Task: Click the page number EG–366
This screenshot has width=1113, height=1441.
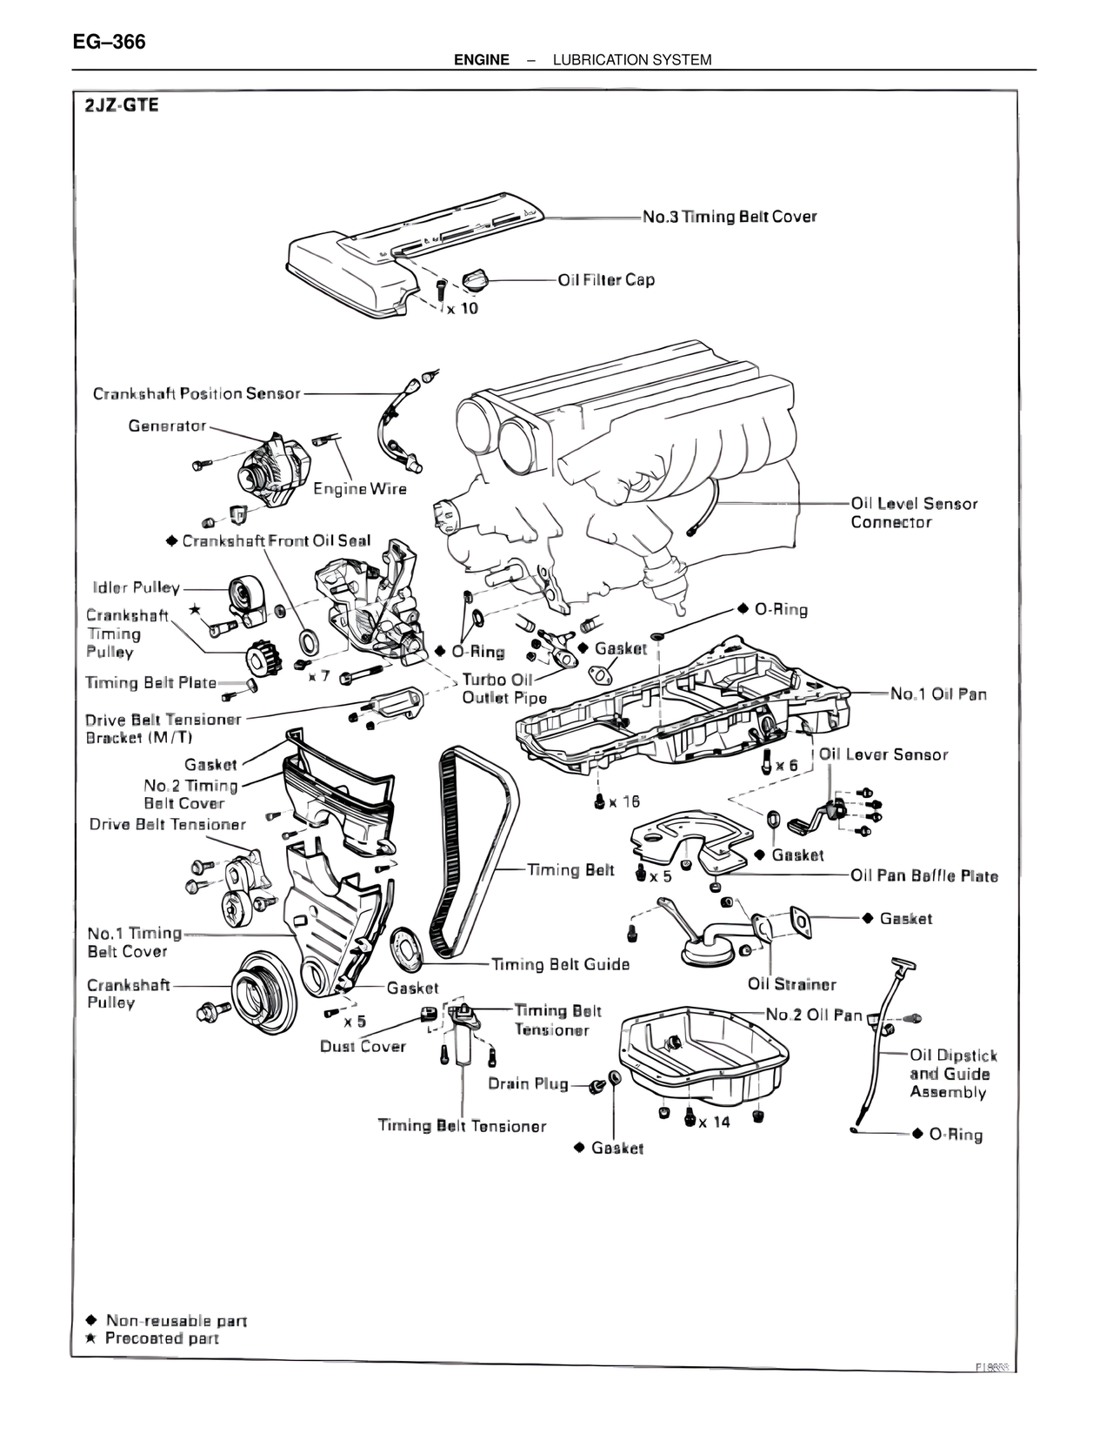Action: [109, 41]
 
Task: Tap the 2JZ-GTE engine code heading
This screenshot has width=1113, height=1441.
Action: [122, 107]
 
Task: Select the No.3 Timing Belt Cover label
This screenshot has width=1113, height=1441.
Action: [730, 217]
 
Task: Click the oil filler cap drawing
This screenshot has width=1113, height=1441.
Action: [477, 281]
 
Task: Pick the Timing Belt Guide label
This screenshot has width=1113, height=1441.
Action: [560, 964]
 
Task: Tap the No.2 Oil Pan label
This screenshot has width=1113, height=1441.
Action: [814, 1015]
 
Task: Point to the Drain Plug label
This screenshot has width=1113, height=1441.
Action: [528, 1083]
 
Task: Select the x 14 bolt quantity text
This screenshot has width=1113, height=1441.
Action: [715, 1122]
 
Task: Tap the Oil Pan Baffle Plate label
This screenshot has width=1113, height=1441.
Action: [924, 876]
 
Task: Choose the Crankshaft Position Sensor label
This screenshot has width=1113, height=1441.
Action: [197, 393]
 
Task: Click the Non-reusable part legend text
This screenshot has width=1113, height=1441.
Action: [177, 1321]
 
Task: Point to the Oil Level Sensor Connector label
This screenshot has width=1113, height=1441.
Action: [913, 513]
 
